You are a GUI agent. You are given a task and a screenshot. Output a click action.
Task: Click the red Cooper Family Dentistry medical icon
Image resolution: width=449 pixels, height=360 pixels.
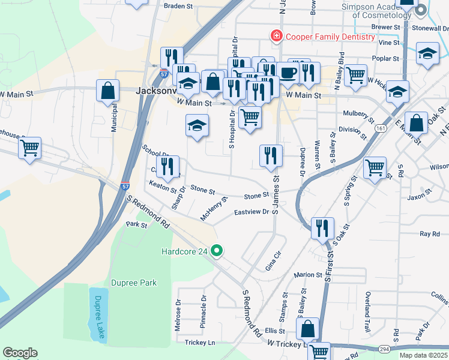click(277, 37)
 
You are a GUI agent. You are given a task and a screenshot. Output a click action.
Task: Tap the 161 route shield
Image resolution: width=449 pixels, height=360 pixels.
click(381, 128)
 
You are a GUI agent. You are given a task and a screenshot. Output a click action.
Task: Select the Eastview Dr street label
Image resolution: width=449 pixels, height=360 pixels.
click(252, 212)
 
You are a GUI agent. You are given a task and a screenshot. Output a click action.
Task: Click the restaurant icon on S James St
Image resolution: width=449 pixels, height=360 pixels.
click(271, 156)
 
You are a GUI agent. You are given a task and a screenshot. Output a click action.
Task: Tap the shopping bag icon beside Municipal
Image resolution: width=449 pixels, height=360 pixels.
click(108, 91)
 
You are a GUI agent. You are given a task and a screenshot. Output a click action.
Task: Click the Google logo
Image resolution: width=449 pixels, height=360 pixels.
click(20, 353)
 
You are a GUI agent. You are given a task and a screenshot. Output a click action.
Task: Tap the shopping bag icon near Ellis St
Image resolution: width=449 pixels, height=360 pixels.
click(307, 329)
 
